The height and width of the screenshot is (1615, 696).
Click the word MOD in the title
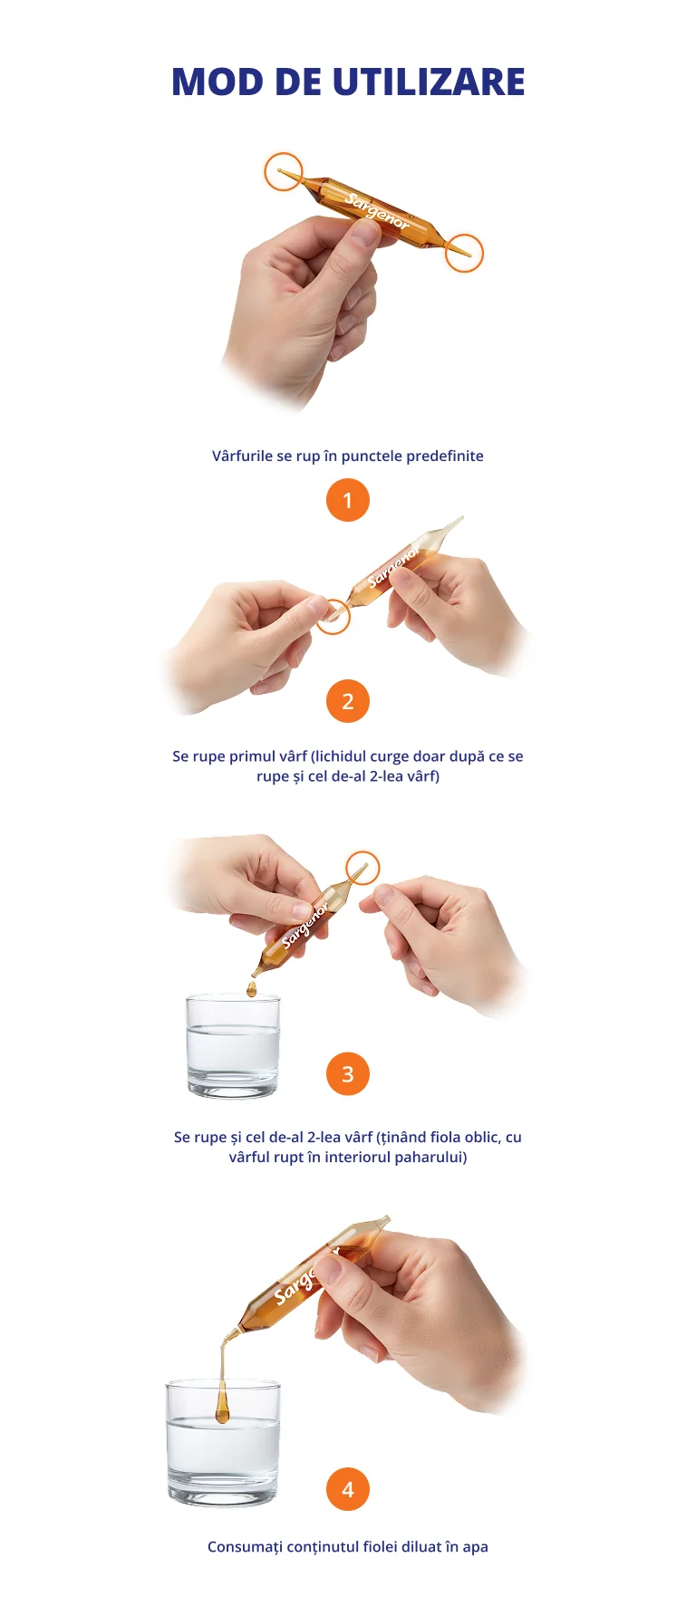217,82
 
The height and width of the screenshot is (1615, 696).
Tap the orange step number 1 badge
348,500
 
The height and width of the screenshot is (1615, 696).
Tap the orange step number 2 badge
348,701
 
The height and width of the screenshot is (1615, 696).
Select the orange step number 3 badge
348,1074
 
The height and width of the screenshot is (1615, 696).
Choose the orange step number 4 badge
348,1489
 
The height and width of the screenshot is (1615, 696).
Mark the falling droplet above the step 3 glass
252,988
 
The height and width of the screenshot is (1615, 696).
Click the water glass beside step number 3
233,1045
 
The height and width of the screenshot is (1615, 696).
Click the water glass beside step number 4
223,1443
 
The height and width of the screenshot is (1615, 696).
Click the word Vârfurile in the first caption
242,456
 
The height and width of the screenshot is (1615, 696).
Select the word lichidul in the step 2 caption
340,756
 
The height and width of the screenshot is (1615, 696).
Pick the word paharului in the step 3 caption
430,1157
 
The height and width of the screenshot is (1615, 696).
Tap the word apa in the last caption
476,1547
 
